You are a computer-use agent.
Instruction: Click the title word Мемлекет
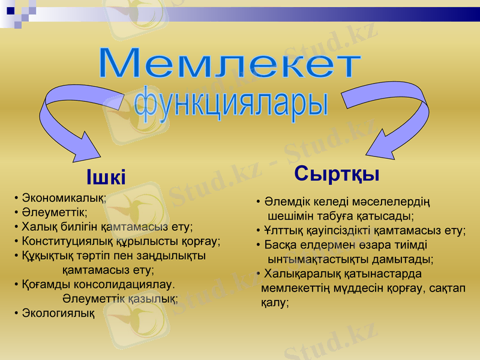point(230,63)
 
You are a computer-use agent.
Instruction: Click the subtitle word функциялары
point(231,103)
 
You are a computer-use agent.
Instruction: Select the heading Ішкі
point(106,178)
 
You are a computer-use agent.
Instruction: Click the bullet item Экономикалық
point(63,197)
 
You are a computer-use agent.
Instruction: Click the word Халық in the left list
point(38,227)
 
